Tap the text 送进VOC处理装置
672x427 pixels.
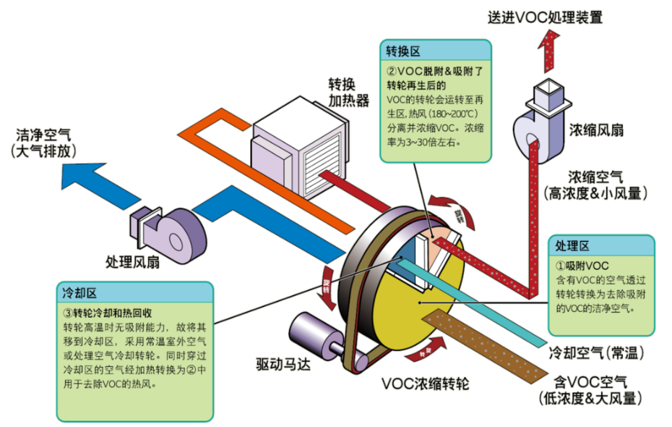coord(545,16)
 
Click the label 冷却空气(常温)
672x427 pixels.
coord(596,352)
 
